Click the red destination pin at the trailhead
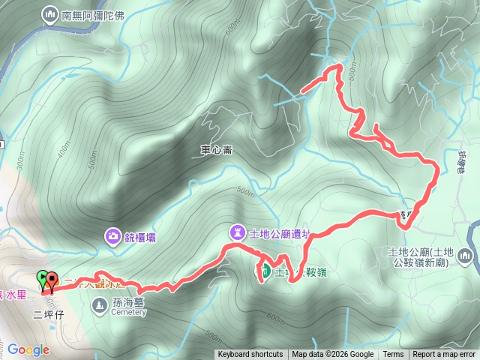[52, 282]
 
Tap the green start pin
[42, 278]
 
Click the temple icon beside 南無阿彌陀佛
[50, 13]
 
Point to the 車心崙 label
[216, 149]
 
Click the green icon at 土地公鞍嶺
[265, 271]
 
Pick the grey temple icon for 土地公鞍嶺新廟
[466, 257]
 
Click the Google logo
[28, 349]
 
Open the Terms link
[393, 355]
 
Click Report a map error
[444, 355]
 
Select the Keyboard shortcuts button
[250, 355]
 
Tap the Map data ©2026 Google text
[332, 355]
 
